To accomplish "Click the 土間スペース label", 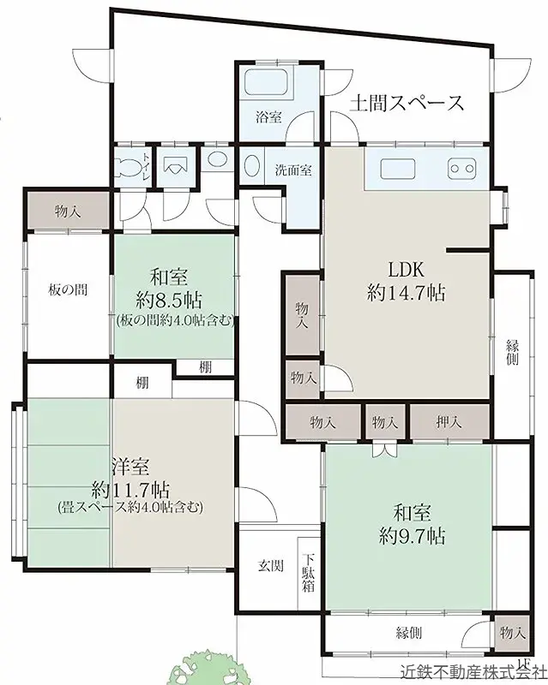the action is pos(406,104).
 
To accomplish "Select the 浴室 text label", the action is pos(268,117).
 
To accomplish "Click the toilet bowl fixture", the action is pos(128,167).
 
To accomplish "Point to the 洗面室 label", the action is pos(293,170).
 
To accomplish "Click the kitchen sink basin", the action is pos(398,169).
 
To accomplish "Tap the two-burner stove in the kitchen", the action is pos(461,169).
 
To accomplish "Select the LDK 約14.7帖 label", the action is pos(406,281).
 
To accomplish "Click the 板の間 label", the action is pos(68,289).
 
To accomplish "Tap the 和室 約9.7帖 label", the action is pos(412,524).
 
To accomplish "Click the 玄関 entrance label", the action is pos(270,566).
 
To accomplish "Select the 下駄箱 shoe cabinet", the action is pos(309,573).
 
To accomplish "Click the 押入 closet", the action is pos(449,422).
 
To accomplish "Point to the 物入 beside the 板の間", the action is pos(69,211).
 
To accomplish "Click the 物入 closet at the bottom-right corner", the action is pos(512,633).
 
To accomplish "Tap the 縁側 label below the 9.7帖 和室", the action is pos(409,632).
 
